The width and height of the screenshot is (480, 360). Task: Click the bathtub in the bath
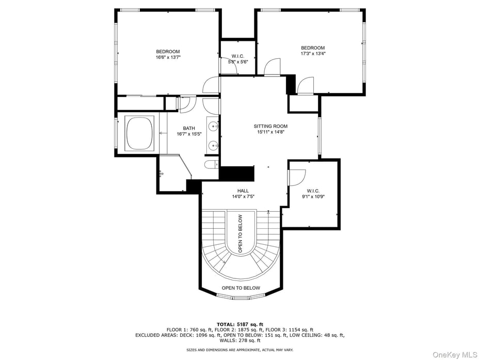tap(139, 133)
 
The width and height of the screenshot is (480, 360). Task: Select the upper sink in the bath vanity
tap(213, 126)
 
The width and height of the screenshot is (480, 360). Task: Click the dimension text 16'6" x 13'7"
tap(168, 58)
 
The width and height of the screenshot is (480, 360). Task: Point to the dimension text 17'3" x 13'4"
tap(313, 54)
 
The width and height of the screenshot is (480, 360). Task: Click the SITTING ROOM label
tap(270, 126)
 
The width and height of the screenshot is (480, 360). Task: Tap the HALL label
tap(243, 191)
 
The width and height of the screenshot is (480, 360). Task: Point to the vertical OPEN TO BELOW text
tap(241, 233)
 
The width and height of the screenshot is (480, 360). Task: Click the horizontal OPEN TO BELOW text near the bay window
tap(241, 288)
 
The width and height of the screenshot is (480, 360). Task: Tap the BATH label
tap(188, 128)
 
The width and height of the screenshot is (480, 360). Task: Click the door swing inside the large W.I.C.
tap(296, 177)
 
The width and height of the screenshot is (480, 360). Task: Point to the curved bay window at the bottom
tap(241, 297)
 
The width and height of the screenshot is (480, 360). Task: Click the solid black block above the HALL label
tap(237, 173)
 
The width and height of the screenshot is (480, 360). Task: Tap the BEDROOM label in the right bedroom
tap(313, 48)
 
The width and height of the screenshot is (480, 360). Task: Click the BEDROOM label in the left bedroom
tap(168, 52)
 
